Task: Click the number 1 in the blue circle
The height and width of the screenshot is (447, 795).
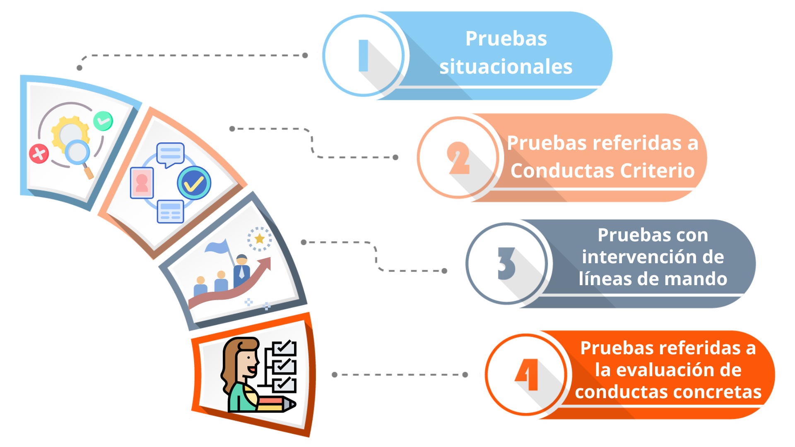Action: tap(363, 55)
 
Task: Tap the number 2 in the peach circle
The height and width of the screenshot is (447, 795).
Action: tap(458, 158)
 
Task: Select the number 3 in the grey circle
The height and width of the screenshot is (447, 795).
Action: tap(506, 264)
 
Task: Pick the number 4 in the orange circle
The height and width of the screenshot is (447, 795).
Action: tap(527, 375)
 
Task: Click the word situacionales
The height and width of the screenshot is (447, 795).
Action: tap(506, 67)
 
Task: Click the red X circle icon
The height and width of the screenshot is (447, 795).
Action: tap(39, 154)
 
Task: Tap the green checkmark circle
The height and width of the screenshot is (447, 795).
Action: tap(103, 121)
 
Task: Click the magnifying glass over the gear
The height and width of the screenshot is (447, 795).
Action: tap(78, 152)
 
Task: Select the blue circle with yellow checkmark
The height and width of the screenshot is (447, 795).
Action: tap(194, 183)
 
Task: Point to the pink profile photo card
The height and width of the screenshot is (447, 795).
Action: tap(142, 183)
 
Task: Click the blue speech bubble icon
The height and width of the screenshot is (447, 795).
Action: tap(170, 154)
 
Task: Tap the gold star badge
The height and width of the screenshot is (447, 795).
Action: tap(260, 238)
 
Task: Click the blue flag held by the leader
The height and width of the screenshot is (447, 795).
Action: tap(217, 247)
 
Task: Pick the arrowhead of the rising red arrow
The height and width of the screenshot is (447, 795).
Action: tap(266, 262)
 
